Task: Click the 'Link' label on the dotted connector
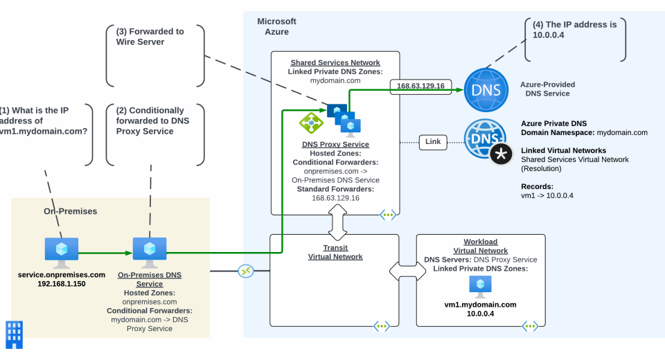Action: pyautogui.click(x=433, y=141)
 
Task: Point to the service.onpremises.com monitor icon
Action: pyautogui.click(x=62, y=252)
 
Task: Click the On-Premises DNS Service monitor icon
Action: pyautogui.click(x=150, y=252)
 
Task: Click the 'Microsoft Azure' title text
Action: pyautogui.click(x=276, y=26)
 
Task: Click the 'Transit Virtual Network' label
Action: pyautogui.click(x=335, y=252)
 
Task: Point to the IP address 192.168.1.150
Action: pyautogui.click(x=62, y=284)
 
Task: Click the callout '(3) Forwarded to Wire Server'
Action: pyautogui.click(x=150, y=37)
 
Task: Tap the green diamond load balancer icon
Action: pyautogui.click(x=311, y=123)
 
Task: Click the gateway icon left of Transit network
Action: pyautogui.click(x=245, y=271)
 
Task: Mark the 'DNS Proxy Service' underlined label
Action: pyautogui.click(x=335, y=145)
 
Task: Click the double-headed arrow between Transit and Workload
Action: pyautogui.click(x=408, y=270)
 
